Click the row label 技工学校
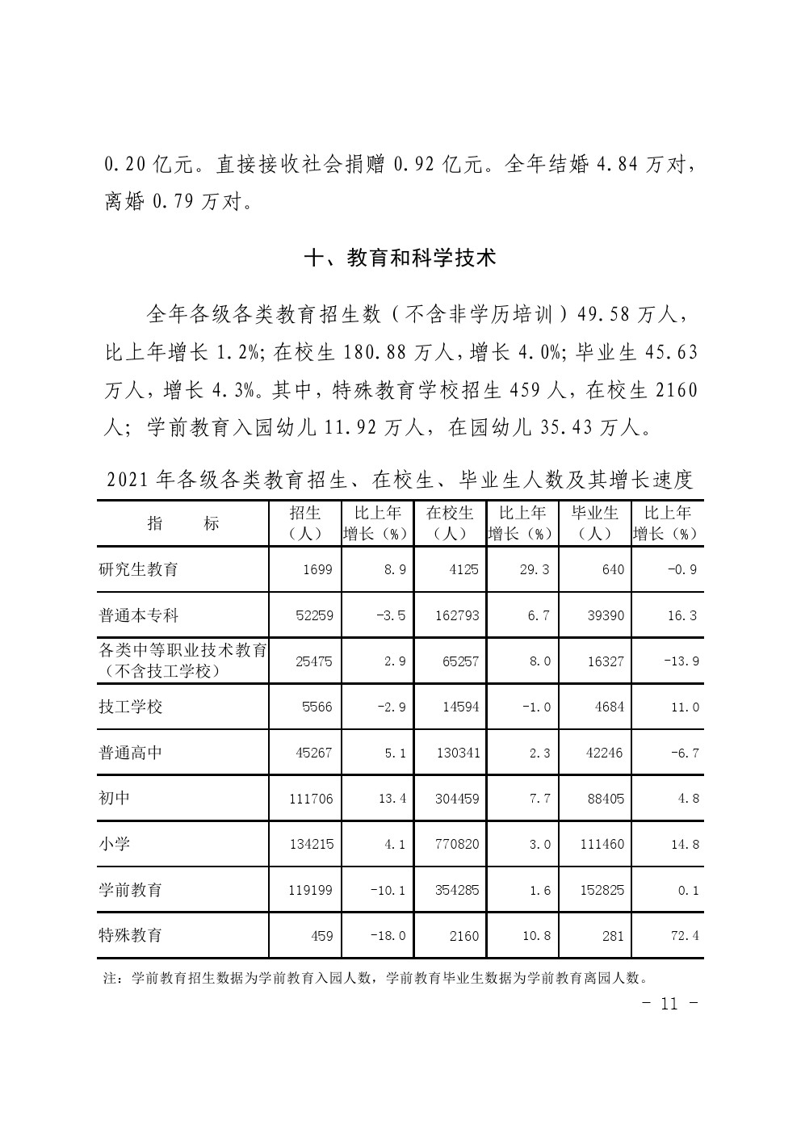[x=130, y=707]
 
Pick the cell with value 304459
[x=456, y=799]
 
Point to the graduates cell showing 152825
[x=602, y=890]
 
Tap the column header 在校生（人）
[x=450, y=523]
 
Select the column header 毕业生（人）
[x=595, y=523]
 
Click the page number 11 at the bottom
[x=668, y=1004]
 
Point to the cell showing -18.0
[x=388, y=936]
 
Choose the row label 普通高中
[x=130, y=753]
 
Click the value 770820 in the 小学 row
[x=456, y=844]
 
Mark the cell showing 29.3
[x=533, y=569]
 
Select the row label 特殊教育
[x=130, y=935]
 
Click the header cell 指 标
[x=183, y=523]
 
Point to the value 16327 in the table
[x=606, y=661]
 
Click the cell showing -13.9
[x=681, y=661]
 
